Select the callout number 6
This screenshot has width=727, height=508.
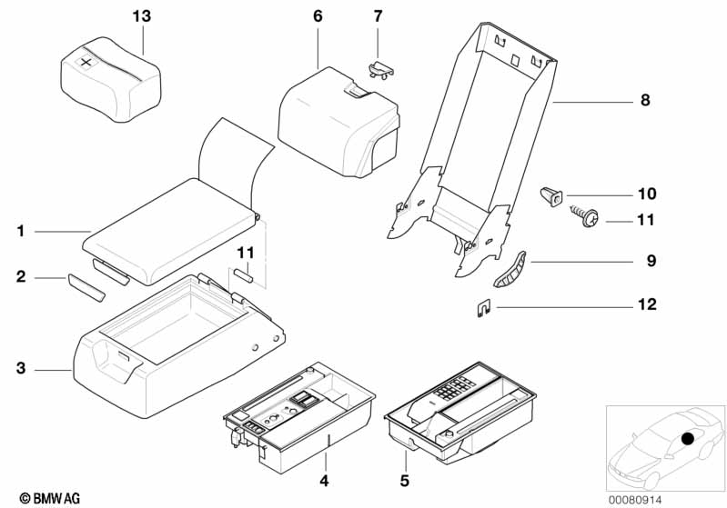click(318, 16)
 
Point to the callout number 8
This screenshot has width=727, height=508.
click(645, 102)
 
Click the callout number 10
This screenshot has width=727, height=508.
click(647, 194)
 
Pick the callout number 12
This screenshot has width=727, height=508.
click(647, 306)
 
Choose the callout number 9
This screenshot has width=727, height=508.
click(651, 262)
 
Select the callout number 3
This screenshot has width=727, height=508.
click(21, 369)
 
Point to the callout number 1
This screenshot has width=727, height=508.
click(21, 232)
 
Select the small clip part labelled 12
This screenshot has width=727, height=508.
click(485, 308)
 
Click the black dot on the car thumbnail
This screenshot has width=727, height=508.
click(687, 439)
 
